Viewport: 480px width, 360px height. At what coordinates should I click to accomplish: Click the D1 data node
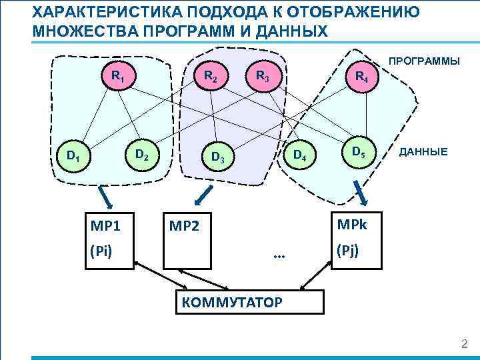click(72, 157)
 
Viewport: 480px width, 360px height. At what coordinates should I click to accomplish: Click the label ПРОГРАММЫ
click(424, 61)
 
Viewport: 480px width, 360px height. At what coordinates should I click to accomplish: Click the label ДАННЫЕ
click(423, 152)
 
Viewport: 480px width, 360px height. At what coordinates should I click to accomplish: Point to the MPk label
click(351, 222)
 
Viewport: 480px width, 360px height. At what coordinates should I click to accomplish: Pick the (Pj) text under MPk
click(347, 251)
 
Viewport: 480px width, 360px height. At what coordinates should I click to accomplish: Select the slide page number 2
click(465, 344)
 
